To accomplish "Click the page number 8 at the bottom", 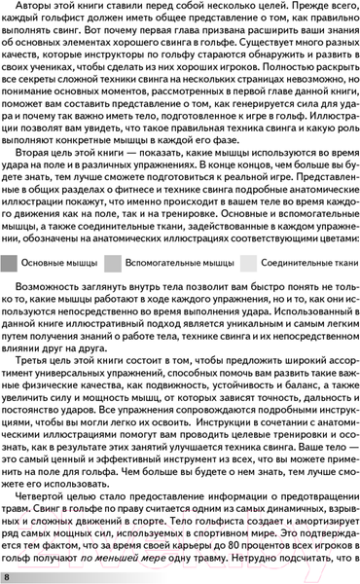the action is pyautogui.click(x=8, y=577).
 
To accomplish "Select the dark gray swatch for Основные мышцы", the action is pyautogui.click(x=10, y=263).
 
